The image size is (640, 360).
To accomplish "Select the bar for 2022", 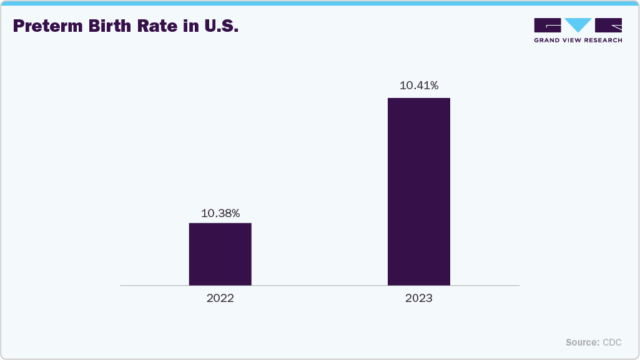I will pos(220,254).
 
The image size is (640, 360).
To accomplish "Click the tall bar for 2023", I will pos(418,192).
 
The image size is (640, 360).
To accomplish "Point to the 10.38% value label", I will pos(220,213).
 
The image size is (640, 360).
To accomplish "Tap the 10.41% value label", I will pos(418,85).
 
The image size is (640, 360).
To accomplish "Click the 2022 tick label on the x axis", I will pos(220,298).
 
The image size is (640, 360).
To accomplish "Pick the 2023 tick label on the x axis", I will pos(418,298).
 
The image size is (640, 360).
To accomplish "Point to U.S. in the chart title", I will pos(219,27).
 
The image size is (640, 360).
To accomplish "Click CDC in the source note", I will pos(612,343).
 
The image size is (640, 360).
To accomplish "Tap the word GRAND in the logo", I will pos(547,40).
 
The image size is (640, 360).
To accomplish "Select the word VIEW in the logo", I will pos(572,40).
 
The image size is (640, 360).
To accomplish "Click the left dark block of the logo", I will pos(548,26).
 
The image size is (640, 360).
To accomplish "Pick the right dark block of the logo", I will pos(609,26).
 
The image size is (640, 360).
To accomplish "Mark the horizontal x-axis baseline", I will pos(319,286).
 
